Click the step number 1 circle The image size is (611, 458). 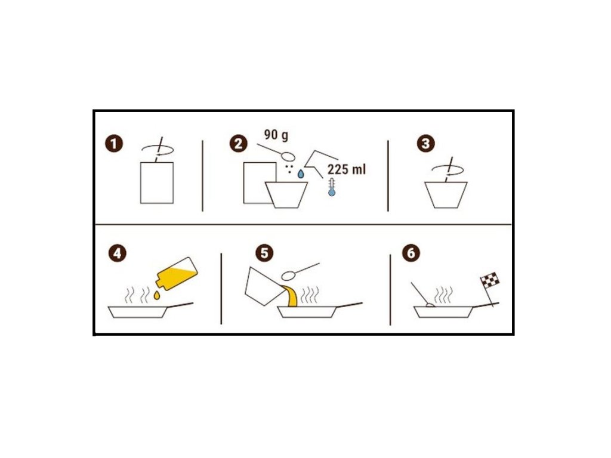point(114,144)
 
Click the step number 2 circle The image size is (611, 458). point(239,143)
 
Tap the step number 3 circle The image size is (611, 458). point(425,143)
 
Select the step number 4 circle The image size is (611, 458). point(118,253)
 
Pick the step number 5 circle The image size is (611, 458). point(264,253)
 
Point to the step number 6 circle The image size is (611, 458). point(411,253)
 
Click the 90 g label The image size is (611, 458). point(276,135)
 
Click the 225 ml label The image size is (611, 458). point(347,169)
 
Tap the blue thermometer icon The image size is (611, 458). point(332,187)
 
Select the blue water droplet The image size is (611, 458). point(301,174)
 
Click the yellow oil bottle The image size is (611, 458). point(177,273)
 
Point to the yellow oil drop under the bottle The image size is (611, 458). point(157,296)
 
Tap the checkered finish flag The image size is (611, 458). point(490,280)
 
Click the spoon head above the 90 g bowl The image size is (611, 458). point(288,156)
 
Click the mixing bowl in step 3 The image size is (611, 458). point(446,195)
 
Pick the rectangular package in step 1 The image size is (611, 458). point(157,182)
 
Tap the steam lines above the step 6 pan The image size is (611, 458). point(443,296)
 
